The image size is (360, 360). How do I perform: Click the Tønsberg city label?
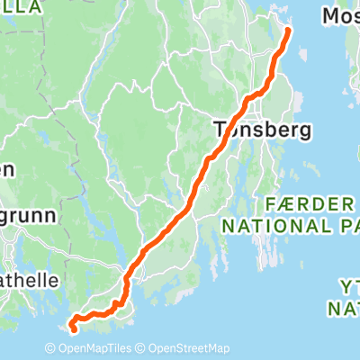tap(264, 130)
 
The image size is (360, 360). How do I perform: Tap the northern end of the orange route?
tap(289, 31)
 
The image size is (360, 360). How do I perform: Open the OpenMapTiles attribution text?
tap(101, 349)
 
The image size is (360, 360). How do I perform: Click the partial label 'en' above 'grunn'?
tap(7, 168)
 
